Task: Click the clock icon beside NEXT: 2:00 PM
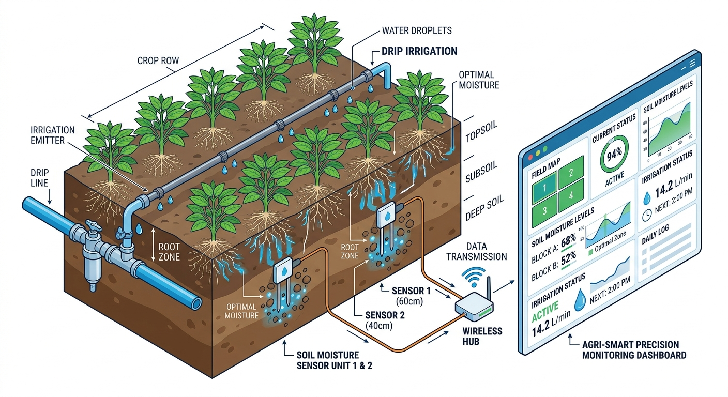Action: click(x=646, y=217)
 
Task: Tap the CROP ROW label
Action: click(x=158, y=60)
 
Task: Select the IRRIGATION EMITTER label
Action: click(x=53, y=135)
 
